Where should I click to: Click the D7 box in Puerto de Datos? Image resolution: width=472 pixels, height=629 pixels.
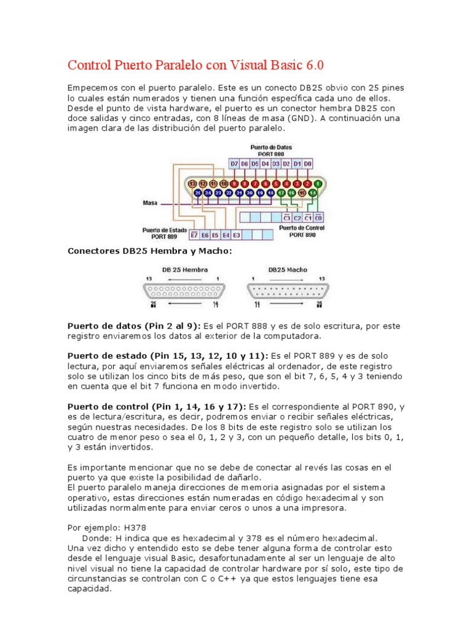[x=234, y=163]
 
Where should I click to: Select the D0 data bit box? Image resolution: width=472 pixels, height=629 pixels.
[x=308, y=163]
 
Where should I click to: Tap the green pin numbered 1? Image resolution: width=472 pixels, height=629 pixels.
[x=317, y=183]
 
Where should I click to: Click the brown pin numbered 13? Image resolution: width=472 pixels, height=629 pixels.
[x=192, y=183]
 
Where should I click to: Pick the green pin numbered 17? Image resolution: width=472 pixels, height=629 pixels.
[x=281, y=193]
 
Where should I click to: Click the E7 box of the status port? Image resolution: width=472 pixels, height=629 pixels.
[x=194, y=235]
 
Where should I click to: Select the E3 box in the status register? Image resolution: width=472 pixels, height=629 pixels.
[x=237, y=235]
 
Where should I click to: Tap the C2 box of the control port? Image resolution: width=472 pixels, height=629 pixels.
[x=297, y=217]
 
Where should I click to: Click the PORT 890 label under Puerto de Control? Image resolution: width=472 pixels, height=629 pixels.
[x=302, y=235]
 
